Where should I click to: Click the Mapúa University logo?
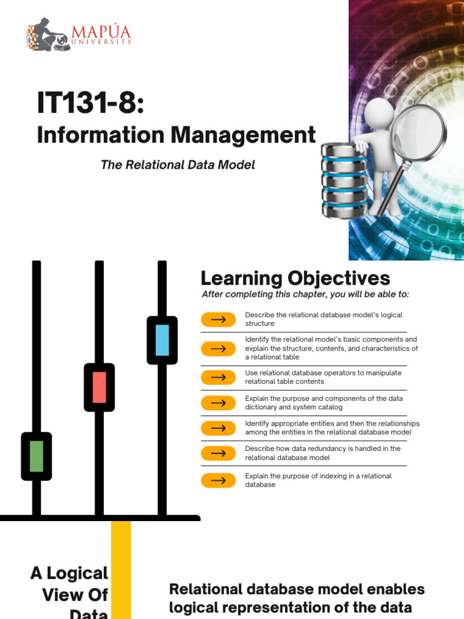[78, 34]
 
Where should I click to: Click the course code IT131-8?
[91, 103]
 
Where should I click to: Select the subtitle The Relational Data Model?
[178, 164]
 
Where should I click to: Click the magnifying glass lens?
[419, 132]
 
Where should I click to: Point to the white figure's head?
[379, 112]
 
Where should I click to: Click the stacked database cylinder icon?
[344, 180]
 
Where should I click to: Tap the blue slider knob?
[162, 340]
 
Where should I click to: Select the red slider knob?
[99, 387]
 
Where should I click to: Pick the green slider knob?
[36, 456]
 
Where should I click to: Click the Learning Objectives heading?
[295, 278]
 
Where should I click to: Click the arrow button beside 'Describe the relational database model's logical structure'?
[218, 319]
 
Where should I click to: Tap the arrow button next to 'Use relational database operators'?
[218, 377]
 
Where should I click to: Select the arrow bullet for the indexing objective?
[218, 481]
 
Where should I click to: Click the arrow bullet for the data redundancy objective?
[218, 453]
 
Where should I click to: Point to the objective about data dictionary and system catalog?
[324, 403]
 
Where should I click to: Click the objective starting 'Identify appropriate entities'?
[332, 428]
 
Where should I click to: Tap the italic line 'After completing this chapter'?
[304, 294]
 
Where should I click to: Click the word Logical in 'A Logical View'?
[79, 573]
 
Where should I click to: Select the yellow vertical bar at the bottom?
[121, 568]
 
